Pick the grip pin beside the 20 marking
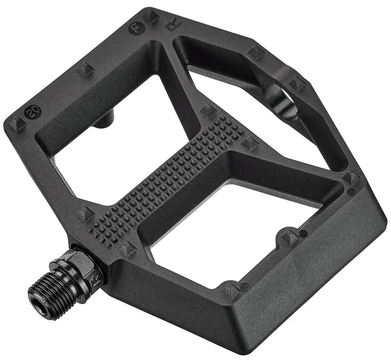point(16,124)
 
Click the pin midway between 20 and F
point(85,69)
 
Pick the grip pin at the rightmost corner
point(351,178)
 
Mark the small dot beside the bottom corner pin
point(244,287)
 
